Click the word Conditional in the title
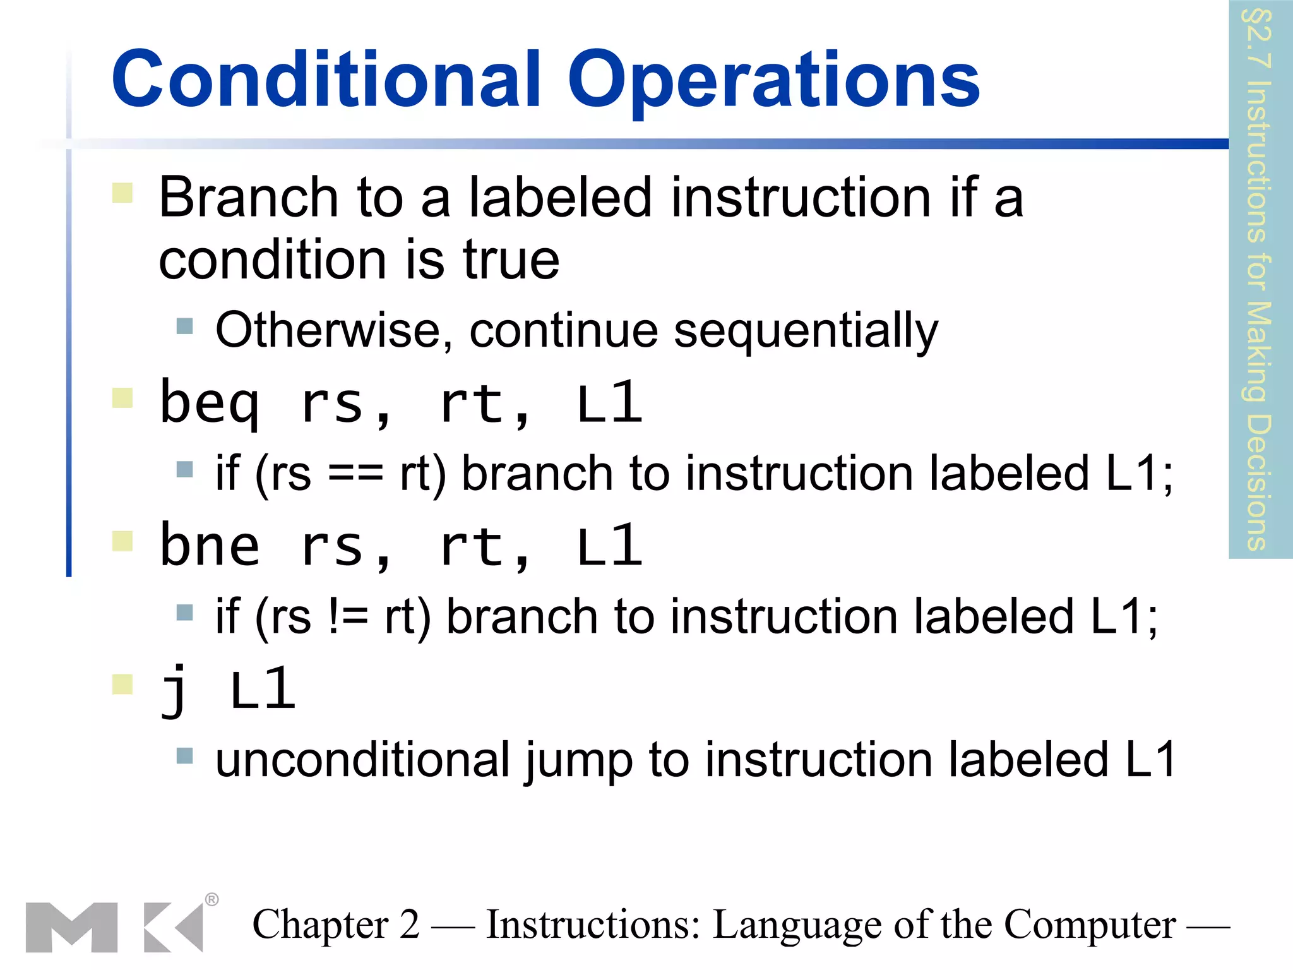coord(326,80)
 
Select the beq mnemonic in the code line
coord(210,404)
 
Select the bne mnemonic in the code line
coord(210,546)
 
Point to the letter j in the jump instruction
coord(174,690)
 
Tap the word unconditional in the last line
coord(361,760)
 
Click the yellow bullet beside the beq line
coord(122,398)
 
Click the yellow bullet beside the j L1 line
coord(122,684)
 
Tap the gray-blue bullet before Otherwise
coord(184,326)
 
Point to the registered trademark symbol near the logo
coord(212,899)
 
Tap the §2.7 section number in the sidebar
coord(1257,38)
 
